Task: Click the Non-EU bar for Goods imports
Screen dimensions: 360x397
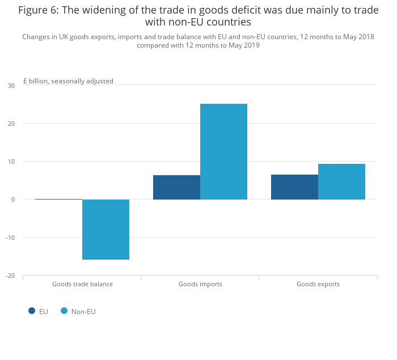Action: tap(223, 151)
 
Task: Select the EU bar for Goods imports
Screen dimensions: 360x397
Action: tap(176, 187)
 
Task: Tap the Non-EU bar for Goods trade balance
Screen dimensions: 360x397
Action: tap(105, 229)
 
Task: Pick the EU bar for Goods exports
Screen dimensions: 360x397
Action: tap(294, 187)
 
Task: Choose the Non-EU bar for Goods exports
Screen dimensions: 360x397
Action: tap(341, 181)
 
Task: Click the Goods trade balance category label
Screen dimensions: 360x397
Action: tap(82, 284)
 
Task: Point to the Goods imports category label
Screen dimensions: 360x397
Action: tap(200, 284)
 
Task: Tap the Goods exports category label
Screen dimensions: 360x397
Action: tap(318, 284)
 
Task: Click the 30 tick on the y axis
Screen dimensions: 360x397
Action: tap(11, 86)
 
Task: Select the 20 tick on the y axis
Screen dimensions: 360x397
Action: tap(11, 124)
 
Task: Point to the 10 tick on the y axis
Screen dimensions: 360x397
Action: tap(11, 162)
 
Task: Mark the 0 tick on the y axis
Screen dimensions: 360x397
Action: tap(12, 200)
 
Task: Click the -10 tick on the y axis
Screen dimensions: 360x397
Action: tap(10, 238)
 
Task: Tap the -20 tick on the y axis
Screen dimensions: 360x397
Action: tap(10, 276)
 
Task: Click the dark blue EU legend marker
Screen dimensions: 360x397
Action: tap(32, 311)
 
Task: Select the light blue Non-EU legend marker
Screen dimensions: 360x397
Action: tap(64, 311)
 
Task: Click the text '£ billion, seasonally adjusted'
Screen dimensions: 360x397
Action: tap(68, 81)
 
